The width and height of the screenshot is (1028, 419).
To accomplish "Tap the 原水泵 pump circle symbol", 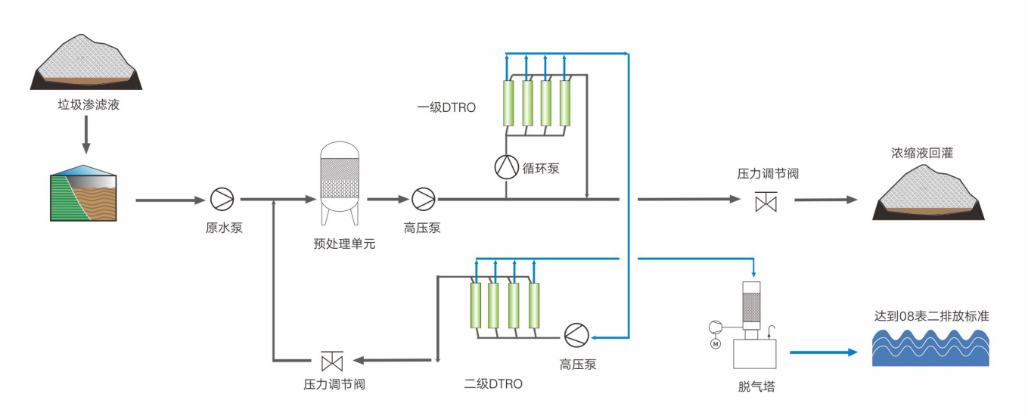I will (222, 200).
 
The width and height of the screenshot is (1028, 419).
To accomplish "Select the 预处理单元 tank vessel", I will (340, 182).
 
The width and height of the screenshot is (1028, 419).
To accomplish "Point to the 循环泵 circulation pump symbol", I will (505, 167).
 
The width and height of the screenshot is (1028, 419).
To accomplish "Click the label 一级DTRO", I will (446, 107).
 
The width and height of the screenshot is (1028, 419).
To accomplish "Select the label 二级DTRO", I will (493, 383).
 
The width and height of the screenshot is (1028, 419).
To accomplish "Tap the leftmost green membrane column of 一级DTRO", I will (508, 103).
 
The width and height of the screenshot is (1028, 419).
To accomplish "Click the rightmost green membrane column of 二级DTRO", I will (534, 306).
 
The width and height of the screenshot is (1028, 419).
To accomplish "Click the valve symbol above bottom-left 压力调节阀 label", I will (332, 360).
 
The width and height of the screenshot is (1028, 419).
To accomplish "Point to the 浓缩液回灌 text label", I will (921, 153).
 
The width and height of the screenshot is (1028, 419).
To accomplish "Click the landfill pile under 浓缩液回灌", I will (928, 194).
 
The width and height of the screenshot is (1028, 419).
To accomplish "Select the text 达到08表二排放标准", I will (931, 316).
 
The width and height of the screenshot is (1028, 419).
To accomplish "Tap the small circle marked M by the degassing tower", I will (715, 344).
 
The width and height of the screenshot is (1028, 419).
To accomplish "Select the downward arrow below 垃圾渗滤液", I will (85, 135).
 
